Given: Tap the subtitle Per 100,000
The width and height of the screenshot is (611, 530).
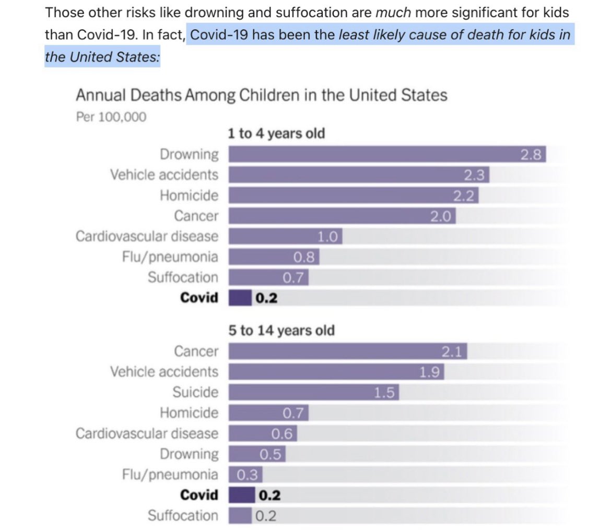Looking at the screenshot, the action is (111, 117).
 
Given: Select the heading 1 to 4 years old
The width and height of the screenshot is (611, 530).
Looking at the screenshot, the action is (276, 133).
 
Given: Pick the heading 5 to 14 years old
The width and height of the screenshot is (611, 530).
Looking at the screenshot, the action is (281, 331).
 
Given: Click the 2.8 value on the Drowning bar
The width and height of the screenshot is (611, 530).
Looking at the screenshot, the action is (531, 155).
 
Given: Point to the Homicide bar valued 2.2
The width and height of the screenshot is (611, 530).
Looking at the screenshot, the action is (354, 195).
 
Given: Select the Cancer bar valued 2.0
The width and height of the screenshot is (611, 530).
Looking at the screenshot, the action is (342, 216).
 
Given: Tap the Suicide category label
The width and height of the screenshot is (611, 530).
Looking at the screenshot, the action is (195, 392).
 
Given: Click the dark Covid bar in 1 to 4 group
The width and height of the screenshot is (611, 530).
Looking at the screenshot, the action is (240, 298).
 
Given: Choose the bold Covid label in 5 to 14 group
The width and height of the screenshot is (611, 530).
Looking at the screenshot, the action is (199, 495).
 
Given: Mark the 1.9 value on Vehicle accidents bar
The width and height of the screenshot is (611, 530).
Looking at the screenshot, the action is (429, 372).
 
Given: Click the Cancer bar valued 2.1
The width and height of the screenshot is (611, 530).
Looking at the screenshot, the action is (348, 351).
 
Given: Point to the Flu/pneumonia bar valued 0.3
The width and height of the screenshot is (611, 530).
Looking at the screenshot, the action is (245, 475).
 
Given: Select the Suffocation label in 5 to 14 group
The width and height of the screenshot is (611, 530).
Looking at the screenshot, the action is (183, 515).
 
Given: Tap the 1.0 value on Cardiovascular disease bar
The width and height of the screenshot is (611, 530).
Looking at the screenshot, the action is (327, 237).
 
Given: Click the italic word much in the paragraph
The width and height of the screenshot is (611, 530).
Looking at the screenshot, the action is (393, 13).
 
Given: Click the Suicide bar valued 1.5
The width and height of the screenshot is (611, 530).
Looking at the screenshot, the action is (314, 392).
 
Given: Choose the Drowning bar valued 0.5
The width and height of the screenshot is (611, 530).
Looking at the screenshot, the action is (257, 454).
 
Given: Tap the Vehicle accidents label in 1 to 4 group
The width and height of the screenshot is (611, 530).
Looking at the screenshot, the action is (164, 175).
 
